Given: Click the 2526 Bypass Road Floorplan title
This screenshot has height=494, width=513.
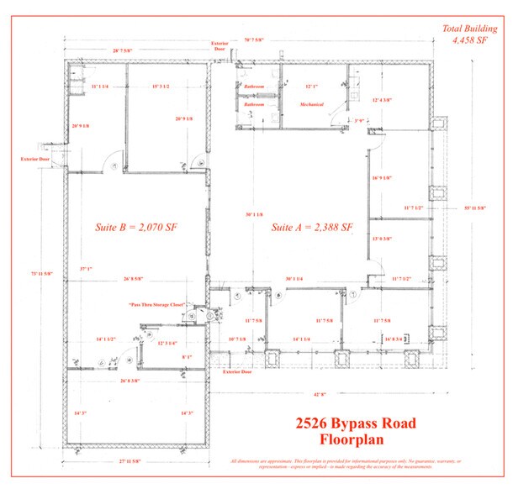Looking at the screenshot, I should [x=357, y=430].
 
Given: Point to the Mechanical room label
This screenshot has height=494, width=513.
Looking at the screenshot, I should [x=311, y=104].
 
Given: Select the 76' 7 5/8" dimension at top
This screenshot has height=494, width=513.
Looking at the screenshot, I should [x=255, y=39].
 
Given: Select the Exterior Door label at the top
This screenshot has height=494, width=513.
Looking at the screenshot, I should [x=219, y=45].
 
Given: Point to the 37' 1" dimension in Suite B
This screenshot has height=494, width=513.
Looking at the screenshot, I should [x=85, y=270].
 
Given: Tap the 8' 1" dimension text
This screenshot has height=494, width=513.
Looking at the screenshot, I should [x=187, y=357].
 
